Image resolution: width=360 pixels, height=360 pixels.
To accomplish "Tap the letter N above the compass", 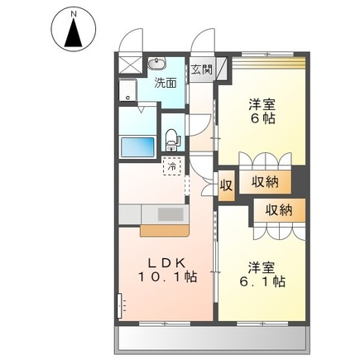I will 74,13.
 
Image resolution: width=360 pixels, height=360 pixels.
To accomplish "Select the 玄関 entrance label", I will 202,70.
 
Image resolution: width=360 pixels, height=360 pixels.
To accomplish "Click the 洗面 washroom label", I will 166,83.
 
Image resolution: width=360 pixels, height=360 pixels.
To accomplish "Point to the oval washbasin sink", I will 157,65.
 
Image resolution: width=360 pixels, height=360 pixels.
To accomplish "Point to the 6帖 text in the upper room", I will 262,118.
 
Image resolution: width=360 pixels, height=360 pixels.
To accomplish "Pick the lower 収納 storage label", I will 279,211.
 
